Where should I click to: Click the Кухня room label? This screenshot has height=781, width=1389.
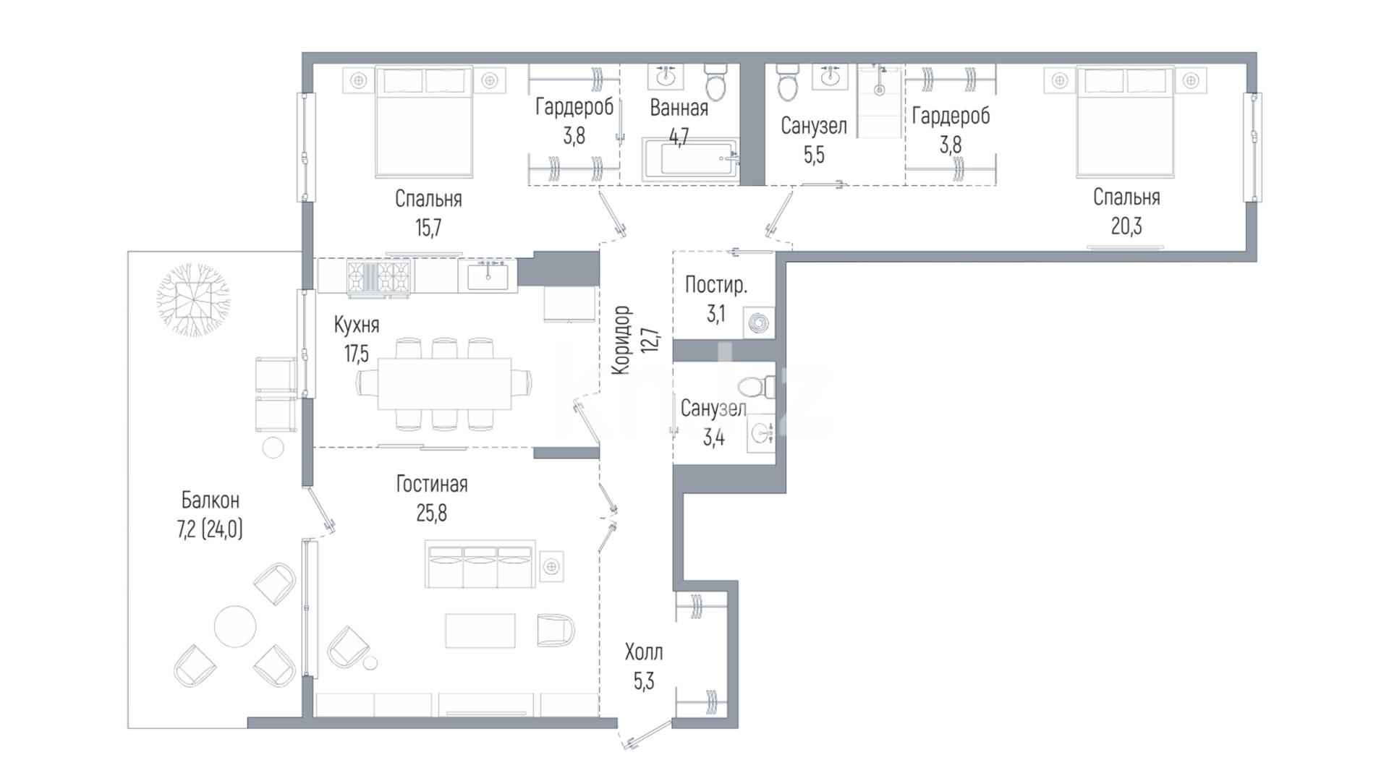tap(357, 325)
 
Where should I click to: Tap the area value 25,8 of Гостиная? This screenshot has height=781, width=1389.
tap(431, 513)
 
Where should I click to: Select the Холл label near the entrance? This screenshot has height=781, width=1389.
tap(644, 652)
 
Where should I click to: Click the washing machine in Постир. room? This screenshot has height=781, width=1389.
tap(759, 323)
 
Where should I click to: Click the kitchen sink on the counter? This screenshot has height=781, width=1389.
tap(488, 276)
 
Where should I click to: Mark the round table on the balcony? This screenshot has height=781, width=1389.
tap(234, 626)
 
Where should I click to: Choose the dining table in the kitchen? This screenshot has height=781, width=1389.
tap(444, 384)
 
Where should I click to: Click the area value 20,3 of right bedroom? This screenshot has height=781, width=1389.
tap(1126, 226)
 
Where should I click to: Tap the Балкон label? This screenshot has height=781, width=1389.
tap(210, 500)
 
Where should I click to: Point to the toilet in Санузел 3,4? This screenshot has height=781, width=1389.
tap(757, 387)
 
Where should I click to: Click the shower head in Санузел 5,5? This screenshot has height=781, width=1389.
tap(879, 90)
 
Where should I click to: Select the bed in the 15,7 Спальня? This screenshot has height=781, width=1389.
tap(424, 121)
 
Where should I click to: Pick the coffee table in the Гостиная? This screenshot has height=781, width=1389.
tap(480, 631)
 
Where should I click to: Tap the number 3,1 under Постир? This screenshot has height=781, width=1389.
tap(715, 315)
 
